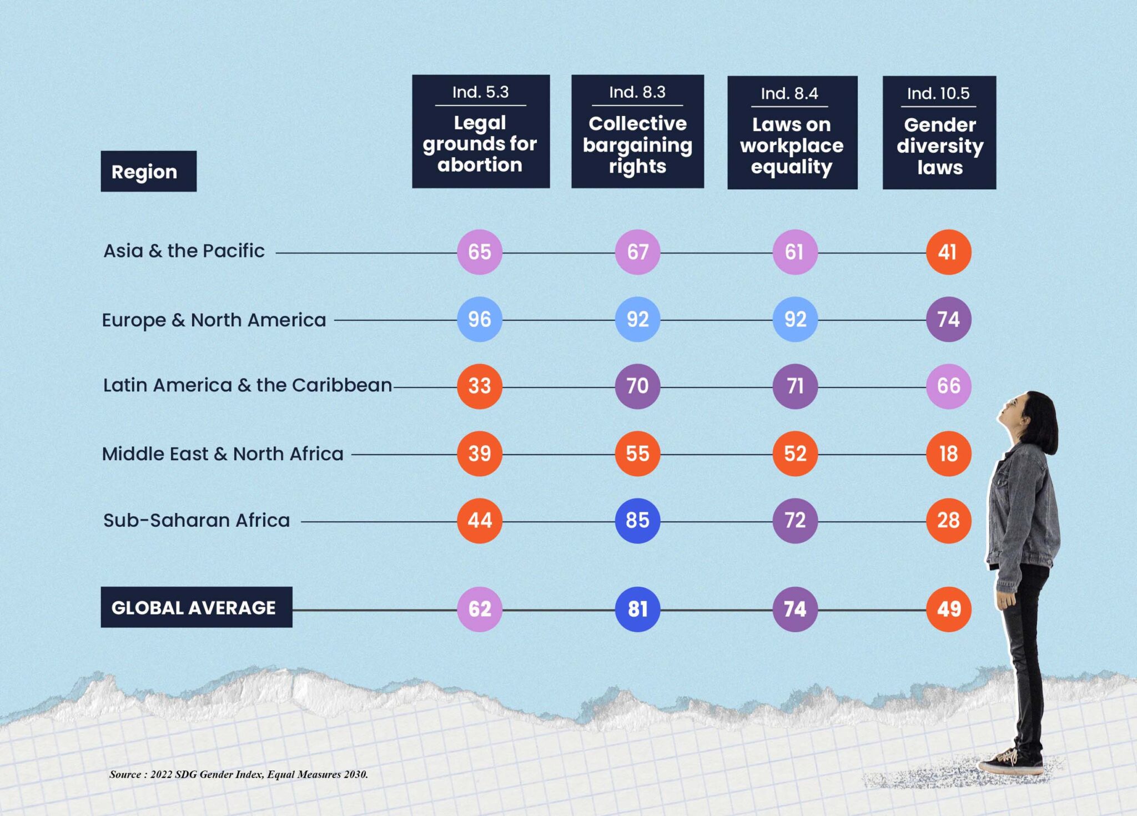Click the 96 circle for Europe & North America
pyautogui.click(x=479, y=319)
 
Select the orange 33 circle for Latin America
pyautogui.click(x=479, y=386)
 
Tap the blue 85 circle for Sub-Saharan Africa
pyautogui.click(x=637, y=521)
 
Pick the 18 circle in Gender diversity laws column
pyautogui.click(x=948, y=454)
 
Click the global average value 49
pyautogui.click(x=948, y=610)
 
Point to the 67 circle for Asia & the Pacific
pyautogui.click(x=637, y=252)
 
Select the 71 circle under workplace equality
pyautogui.click(x=795, y=386)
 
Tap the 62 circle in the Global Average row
pyautogui.click(x=479, y=610)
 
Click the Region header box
pyautogui.click(x=148, y=172)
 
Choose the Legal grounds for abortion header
pyautogui.click(x=480, y=144)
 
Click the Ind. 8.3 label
pyautogui.click(x=637, y=92)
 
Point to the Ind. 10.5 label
pyautogui.click(x=938, y=93)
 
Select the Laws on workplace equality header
pyautogui.click(x=792, y=145)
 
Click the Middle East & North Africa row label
pyautogui.click(x=223, y=454)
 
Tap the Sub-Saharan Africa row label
pyautogui.click(x=197, y=521)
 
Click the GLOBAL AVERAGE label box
pyautogui.click(x=196, y=607)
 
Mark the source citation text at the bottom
pyautogui.click(x=239, y=774)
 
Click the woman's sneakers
pyautogui.click(x=1012, y=760)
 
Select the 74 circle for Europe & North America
pyautogui.click(x=948, y=319)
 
